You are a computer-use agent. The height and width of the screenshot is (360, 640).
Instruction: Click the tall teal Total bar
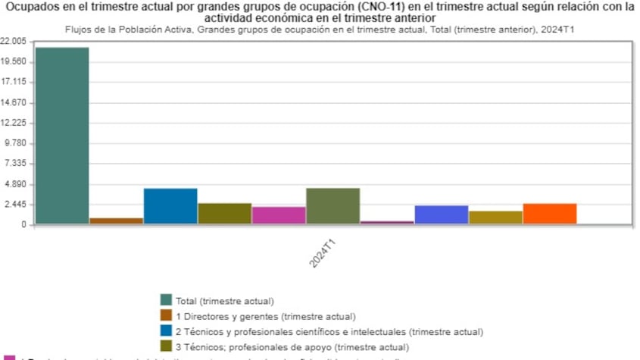[x=62, y=136]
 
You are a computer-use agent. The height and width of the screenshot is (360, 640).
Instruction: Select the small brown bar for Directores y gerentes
[x=116, y=221]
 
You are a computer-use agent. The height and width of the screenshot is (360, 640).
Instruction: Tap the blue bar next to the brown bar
[x=170, y=206]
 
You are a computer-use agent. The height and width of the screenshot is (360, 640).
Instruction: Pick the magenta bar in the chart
[x=279, y=215]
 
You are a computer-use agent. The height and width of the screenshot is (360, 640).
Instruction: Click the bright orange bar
[x=550, y=214]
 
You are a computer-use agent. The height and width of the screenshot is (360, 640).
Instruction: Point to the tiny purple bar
[x=387, y=222]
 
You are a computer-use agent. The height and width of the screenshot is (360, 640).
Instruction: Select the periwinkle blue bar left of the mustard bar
[x=442, y=214]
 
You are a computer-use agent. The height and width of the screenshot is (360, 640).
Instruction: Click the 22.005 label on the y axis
[x=14, y=41]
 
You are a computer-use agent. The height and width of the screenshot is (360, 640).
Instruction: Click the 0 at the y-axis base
[x=24, y=225]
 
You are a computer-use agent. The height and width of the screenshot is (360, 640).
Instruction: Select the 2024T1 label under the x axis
[x=323, y=253]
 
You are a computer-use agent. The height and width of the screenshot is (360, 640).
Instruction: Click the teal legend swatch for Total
[x=166, y=300]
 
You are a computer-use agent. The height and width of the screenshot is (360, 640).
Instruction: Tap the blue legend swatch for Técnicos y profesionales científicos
[x=166, y=331]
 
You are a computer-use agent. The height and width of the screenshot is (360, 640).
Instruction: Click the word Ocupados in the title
[x=31, y=7]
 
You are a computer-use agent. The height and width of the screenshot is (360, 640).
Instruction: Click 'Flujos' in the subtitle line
[x=72, y=29]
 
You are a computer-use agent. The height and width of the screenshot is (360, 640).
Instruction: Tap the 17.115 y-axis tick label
[x=14, y=82]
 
